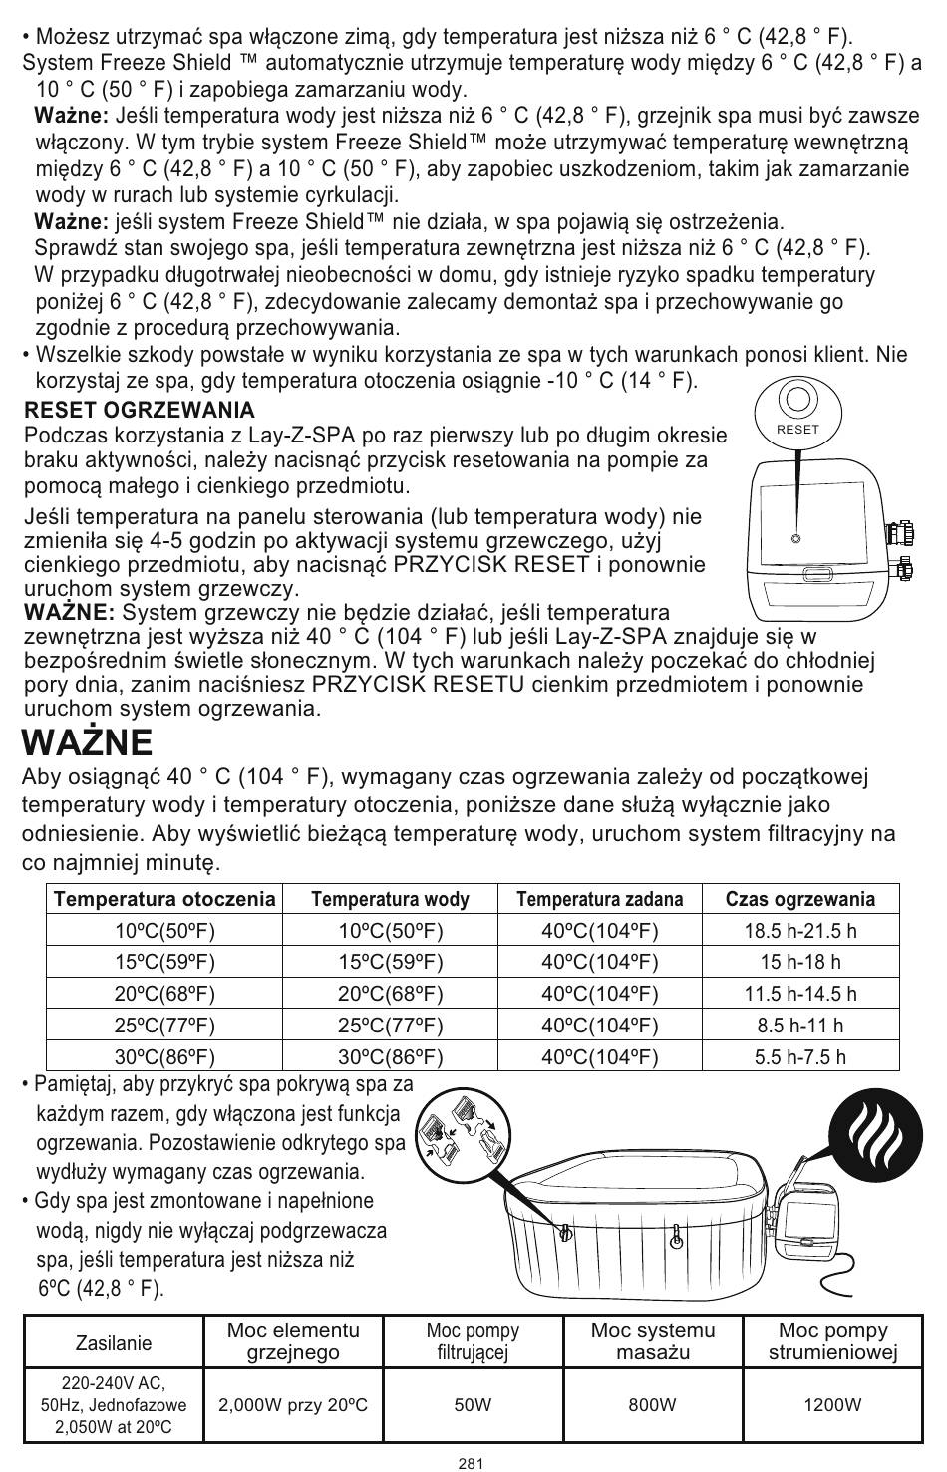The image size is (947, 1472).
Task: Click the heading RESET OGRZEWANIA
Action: point(140,410)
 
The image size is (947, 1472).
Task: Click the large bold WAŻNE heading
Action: point(88,742)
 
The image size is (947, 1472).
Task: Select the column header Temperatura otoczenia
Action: point(164,899)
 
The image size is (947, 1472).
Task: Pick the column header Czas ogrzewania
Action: point(800,899)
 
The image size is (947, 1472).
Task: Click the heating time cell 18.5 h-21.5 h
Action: point(800,931)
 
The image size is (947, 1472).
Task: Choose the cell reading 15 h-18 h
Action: point(800,962)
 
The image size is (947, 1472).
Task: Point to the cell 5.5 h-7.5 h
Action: point(800,1056)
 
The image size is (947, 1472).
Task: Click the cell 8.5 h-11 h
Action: point(800,1025)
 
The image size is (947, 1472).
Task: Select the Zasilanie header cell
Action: point(114,1342)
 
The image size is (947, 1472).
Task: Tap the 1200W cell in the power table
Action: point(832,1405)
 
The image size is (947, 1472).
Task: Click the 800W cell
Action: point(652,1405)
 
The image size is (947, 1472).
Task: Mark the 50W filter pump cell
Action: point(473,1405)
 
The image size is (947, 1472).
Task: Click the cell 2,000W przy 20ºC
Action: point(293,1405)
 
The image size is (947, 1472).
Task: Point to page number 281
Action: point(472,1463)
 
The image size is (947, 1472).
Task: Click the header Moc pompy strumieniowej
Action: point(832,1341)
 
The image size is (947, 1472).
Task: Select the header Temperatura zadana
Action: point(600,899)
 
